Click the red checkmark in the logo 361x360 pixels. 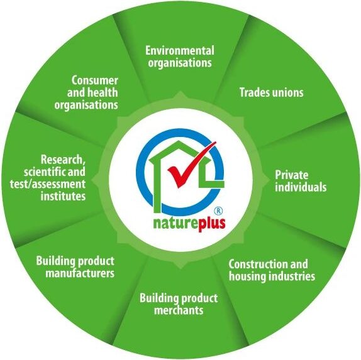click(184, 175)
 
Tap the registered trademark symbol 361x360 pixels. click(218, 210)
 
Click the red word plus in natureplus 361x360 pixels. click(211, 224)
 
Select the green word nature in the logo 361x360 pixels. click(174, 224)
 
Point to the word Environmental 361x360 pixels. click(180, 51)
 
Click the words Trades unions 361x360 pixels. click(272, 92)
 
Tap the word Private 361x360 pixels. click(292, 175)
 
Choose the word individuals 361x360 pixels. click(301, 187)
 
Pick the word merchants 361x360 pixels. click(179, 310)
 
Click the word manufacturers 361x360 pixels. click(80, 273)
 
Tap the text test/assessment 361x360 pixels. click(48, 184)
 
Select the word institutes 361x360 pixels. click(63, 196)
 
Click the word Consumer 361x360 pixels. click(94, 80)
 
